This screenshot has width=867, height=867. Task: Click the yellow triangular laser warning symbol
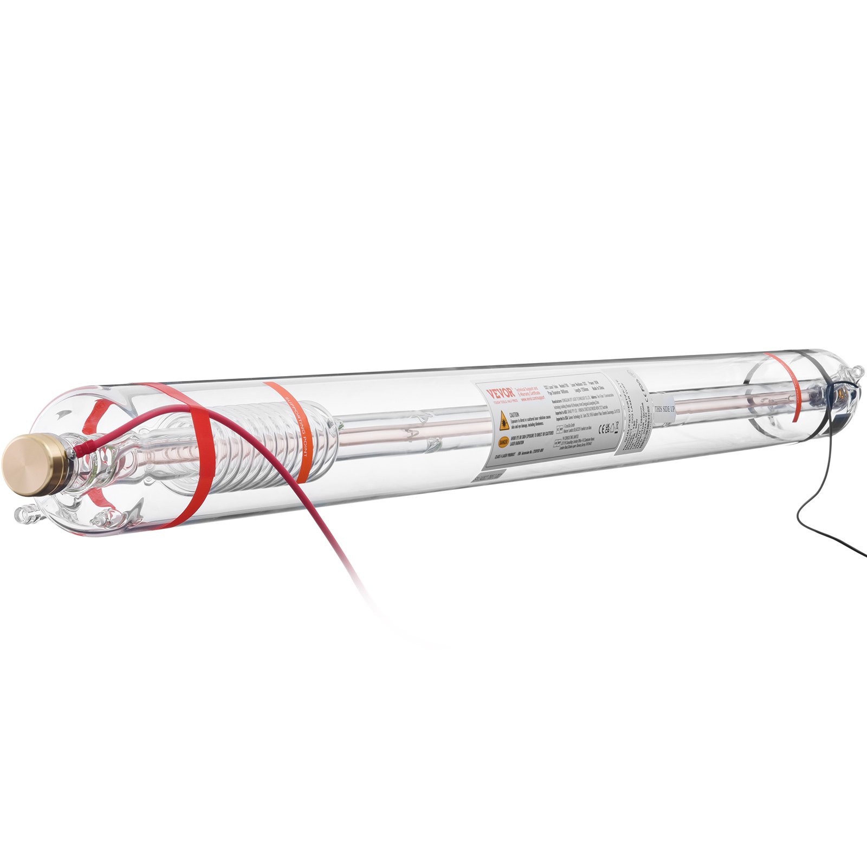(x=504, y=418)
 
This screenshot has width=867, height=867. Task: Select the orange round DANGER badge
(x=503, y=441)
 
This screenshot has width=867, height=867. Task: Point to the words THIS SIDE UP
(x=664, y=409)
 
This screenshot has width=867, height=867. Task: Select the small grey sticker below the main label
(x=488, y=477)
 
